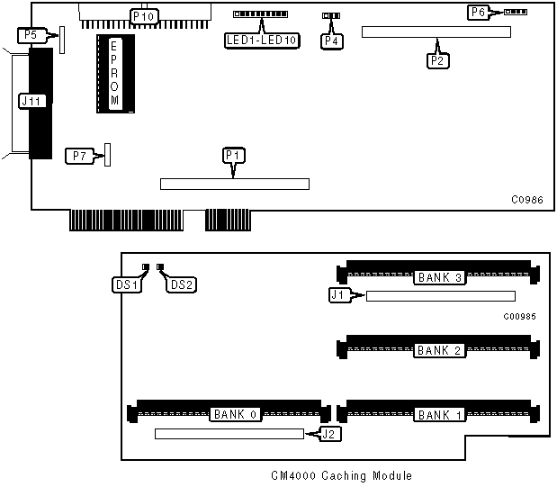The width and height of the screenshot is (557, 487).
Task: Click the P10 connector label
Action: (x=143, y=16)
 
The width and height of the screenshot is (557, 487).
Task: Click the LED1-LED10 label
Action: (x=263, y=41)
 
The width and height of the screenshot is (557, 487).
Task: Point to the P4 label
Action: (x=332, y=41)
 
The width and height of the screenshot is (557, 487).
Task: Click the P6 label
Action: (x=478, y=12)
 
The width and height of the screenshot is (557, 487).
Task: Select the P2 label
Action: (x=438, y=60)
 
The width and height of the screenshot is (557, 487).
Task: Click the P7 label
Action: (x=80, y=156)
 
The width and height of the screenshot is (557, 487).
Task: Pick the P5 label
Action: (x=31, y=35)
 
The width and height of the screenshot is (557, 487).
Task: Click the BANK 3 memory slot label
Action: (x=439, y=278)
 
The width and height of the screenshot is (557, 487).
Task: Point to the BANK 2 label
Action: (x=439, y=350)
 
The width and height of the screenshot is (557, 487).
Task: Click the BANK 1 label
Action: (x=439, y=415)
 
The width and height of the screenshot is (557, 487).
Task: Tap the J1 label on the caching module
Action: (x=338, y=293)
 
